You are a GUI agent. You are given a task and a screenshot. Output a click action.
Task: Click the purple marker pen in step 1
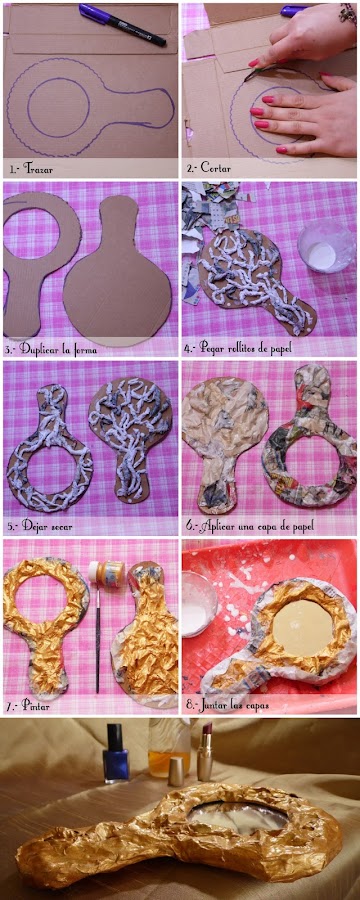pyautogui.click(x=122, y=24)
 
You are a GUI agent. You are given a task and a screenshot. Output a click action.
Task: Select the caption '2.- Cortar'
pyautogui.click(x=207, y=169)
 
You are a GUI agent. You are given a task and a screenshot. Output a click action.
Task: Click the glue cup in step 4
pyautogui.click(x=326, y=248)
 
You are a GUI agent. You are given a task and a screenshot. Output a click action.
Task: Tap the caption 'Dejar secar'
pyautogui.click(x=47, y=526)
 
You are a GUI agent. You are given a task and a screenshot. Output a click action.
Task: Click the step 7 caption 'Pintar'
pyautogui.click(x=36, y=705)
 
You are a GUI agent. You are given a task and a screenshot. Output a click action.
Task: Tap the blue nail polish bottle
pyautogui.click(x=115, y=753)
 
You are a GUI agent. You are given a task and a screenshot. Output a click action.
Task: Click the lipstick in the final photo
pyautogui.click(x=204, y=752)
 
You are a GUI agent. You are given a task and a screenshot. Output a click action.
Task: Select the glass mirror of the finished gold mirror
pyautogui.click(x=238, y=814)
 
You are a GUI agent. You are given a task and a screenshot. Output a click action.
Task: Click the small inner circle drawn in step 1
pyautogui.click(x=58, y=107)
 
